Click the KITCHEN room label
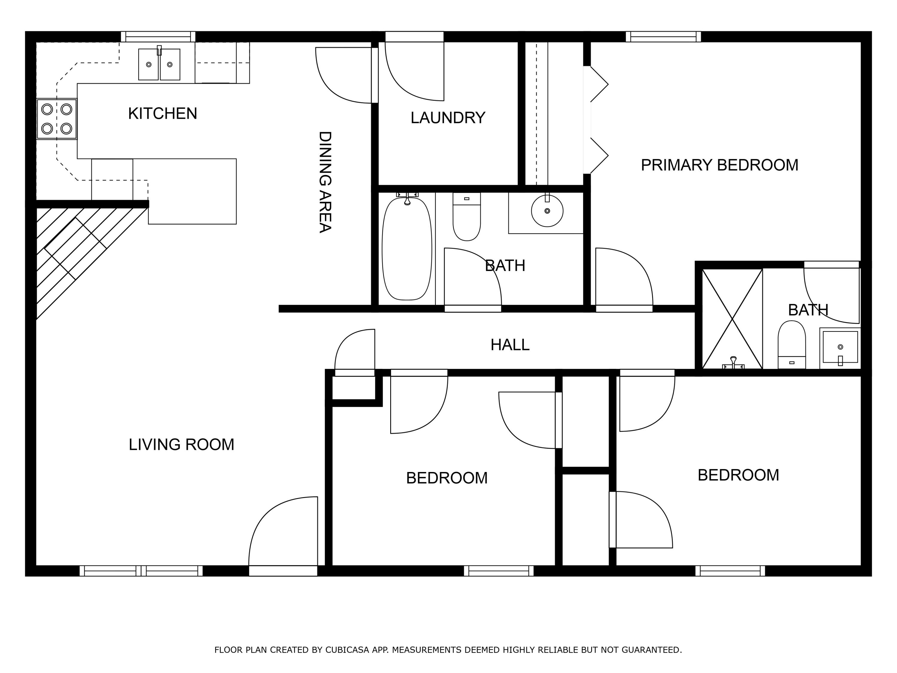click(163, 114)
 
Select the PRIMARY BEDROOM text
click(719, 165)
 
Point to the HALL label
click(510, 345)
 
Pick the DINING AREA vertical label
click(325, 182)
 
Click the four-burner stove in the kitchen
click(57, 119)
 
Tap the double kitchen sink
click(159, 64)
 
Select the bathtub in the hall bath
click(407, 249)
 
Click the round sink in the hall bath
click(547, 211)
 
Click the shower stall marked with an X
click(732, 319)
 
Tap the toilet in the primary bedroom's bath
click(791, 345)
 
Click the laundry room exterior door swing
click(414, 71)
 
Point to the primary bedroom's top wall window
click(663, 36)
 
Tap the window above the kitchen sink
click(158, 36)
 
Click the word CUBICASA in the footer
click(347, 650)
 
